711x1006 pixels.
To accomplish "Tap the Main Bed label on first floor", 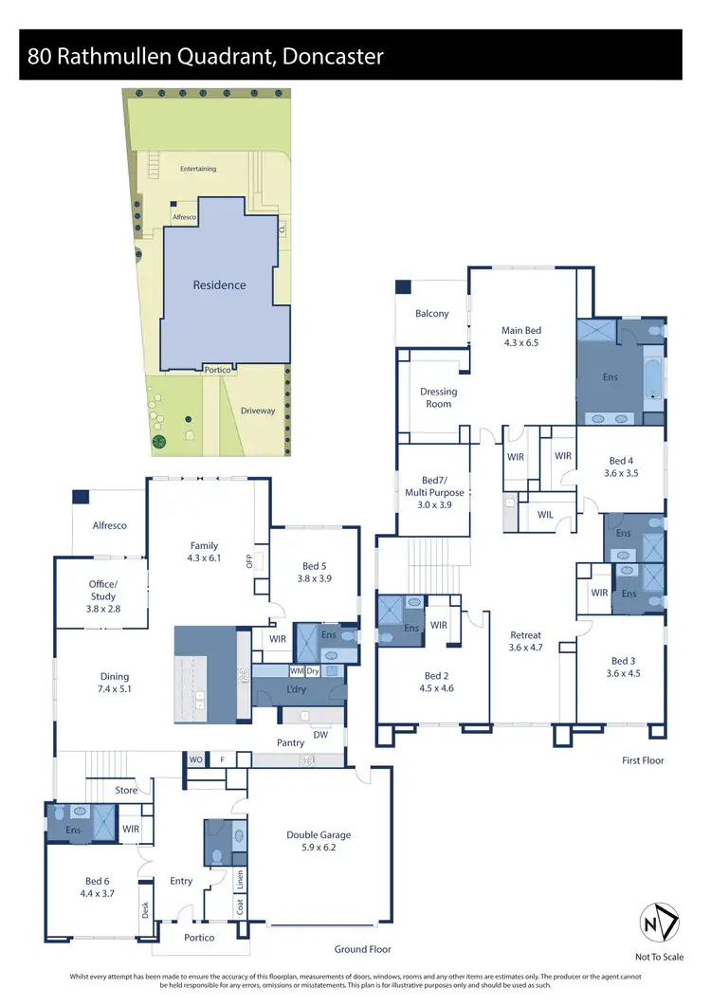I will point(521,331).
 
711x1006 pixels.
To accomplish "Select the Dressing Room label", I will point(438,397).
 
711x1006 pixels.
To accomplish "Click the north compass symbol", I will point(657,923).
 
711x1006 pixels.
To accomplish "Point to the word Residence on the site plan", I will point(219,284).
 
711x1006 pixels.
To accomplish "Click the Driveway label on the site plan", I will point(257,411).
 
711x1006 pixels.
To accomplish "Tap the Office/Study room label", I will point(103,591).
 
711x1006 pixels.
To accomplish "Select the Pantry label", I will point(289,743).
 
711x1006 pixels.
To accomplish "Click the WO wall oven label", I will point(196,759).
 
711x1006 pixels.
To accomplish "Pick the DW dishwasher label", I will point(320,734).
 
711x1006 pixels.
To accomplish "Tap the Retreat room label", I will point(525,635).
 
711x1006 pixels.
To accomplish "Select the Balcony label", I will point(431,314).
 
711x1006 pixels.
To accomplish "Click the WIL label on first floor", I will point(545,515).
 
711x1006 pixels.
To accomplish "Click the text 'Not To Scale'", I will point(658,958).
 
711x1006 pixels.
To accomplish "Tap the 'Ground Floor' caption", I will point(362,949).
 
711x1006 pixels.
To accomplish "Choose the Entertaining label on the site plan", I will point(198,169).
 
